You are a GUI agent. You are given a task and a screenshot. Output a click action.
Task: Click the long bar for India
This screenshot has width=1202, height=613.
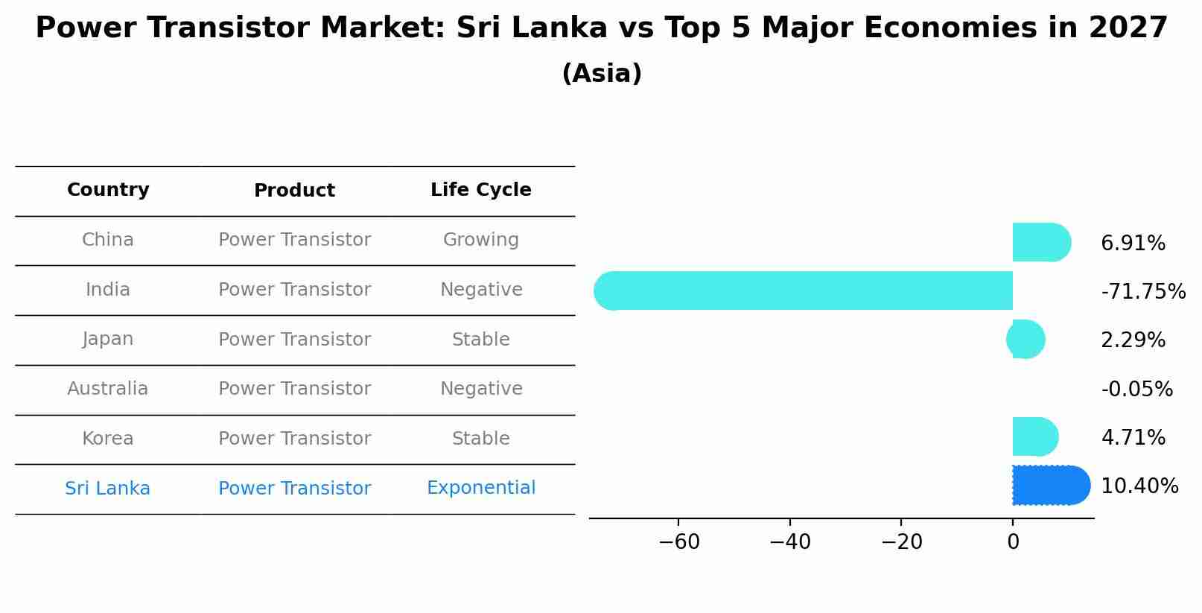pos(804,290)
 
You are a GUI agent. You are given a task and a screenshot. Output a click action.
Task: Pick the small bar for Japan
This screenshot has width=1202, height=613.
pos(1026,340)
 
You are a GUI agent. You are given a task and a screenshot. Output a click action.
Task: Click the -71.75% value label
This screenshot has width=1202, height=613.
pos(1142,292)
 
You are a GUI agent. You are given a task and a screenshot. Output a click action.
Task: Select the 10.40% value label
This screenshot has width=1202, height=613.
pos(1139,486)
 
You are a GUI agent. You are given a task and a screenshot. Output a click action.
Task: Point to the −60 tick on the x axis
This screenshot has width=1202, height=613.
pos(679,542)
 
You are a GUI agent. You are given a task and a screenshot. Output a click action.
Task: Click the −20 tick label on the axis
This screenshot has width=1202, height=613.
pos(901,542)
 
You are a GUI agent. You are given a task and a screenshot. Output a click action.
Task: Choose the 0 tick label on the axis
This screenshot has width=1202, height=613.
pos(1013,542)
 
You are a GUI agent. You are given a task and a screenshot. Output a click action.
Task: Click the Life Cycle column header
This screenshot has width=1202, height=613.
pos(481,190)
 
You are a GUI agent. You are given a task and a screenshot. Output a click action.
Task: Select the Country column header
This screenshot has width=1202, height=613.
pos(108,190)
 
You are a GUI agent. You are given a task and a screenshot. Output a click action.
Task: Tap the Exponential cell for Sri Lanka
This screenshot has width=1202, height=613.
pos(481,488)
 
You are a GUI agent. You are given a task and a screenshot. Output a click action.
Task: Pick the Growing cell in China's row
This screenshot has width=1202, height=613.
pos(481,240)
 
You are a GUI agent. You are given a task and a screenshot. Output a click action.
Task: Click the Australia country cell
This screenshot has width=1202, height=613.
pos(108,389)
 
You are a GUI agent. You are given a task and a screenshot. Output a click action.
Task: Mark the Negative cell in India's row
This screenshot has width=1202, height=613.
pos(481,290)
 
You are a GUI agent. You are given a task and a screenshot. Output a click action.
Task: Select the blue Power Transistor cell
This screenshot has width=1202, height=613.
pos(294,489)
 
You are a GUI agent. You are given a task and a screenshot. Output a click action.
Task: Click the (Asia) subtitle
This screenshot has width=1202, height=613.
pos(602,74)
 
